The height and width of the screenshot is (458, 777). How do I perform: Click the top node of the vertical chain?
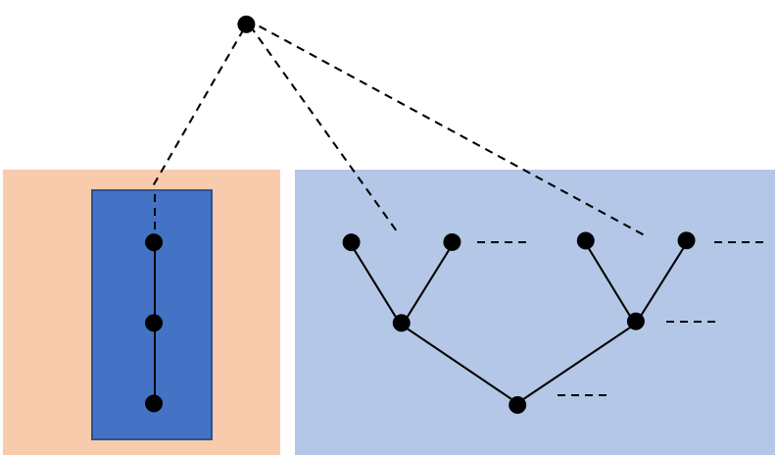(154, 242)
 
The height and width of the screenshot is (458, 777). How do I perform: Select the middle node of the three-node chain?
(154, 323)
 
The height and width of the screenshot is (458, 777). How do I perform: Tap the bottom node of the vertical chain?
(154, 403)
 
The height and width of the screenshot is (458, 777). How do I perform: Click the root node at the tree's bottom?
(517, 404)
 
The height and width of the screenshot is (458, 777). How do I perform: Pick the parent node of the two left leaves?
(402, 323)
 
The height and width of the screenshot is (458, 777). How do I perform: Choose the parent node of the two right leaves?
(636, 321)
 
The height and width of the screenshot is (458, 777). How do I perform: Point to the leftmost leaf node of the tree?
(352, 242)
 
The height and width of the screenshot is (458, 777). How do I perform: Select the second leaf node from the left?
(452, 241)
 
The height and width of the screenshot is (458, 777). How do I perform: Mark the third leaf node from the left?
(586, 240)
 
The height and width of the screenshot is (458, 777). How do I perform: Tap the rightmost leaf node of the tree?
(686, 240)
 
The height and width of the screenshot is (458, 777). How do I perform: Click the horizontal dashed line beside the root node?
(582, 395)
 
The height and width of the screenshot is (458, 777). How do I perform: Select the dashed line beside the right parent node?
(691, 321)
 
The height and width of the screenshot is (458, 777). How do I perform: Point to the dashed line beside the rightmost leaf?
(739, 242)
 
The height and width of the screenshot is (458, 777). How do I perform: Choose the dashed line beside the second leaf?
(502, 242)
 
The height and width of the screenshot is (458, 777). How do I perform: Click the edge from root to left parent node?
(460, 363)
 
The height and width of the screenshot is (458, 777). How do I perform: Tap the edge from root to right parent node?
(576, 363)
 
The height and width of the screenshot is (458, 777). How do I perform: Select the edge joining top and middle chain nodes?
(154, 282)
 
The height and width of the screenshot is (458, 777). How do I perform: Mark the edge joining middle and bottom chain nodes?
(154, 363)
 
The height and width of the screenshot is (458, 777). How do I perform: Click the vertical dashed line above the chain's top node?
(154, 210)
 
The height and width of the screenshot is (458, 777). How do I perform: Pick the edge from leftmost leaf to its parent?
(376, 282)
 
